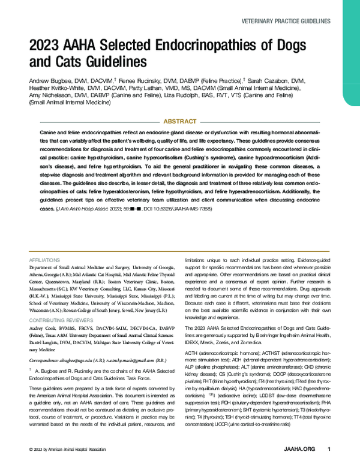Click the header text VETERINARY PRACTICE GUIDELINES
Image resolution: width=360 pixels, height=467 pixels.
(285, 20)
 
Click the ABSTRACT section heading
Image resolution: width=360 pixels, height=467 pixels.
(179, 120)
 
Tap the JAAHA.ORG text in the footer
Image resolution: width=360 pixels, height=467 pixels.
(300, 449)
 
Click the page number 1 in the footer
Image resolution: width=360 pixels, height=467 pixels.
(328, 449)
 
